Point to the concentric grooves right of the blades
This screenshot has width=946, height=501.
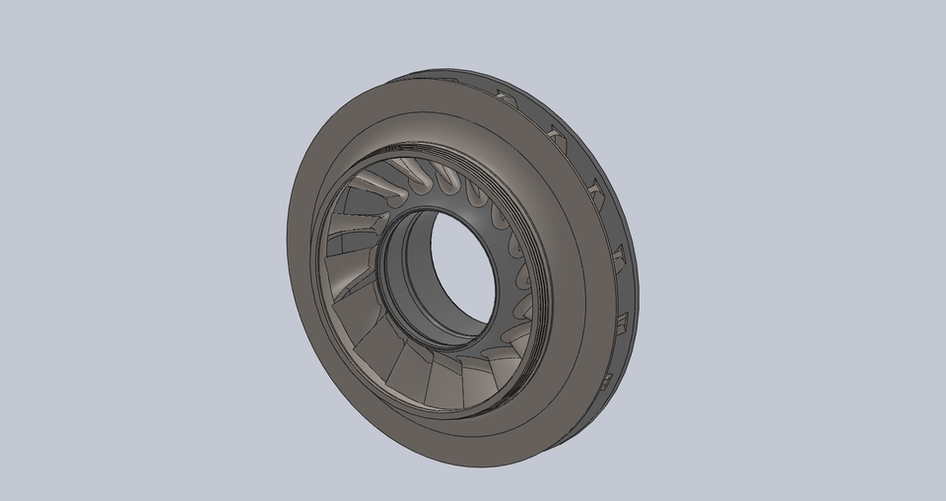coord(533,296)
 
